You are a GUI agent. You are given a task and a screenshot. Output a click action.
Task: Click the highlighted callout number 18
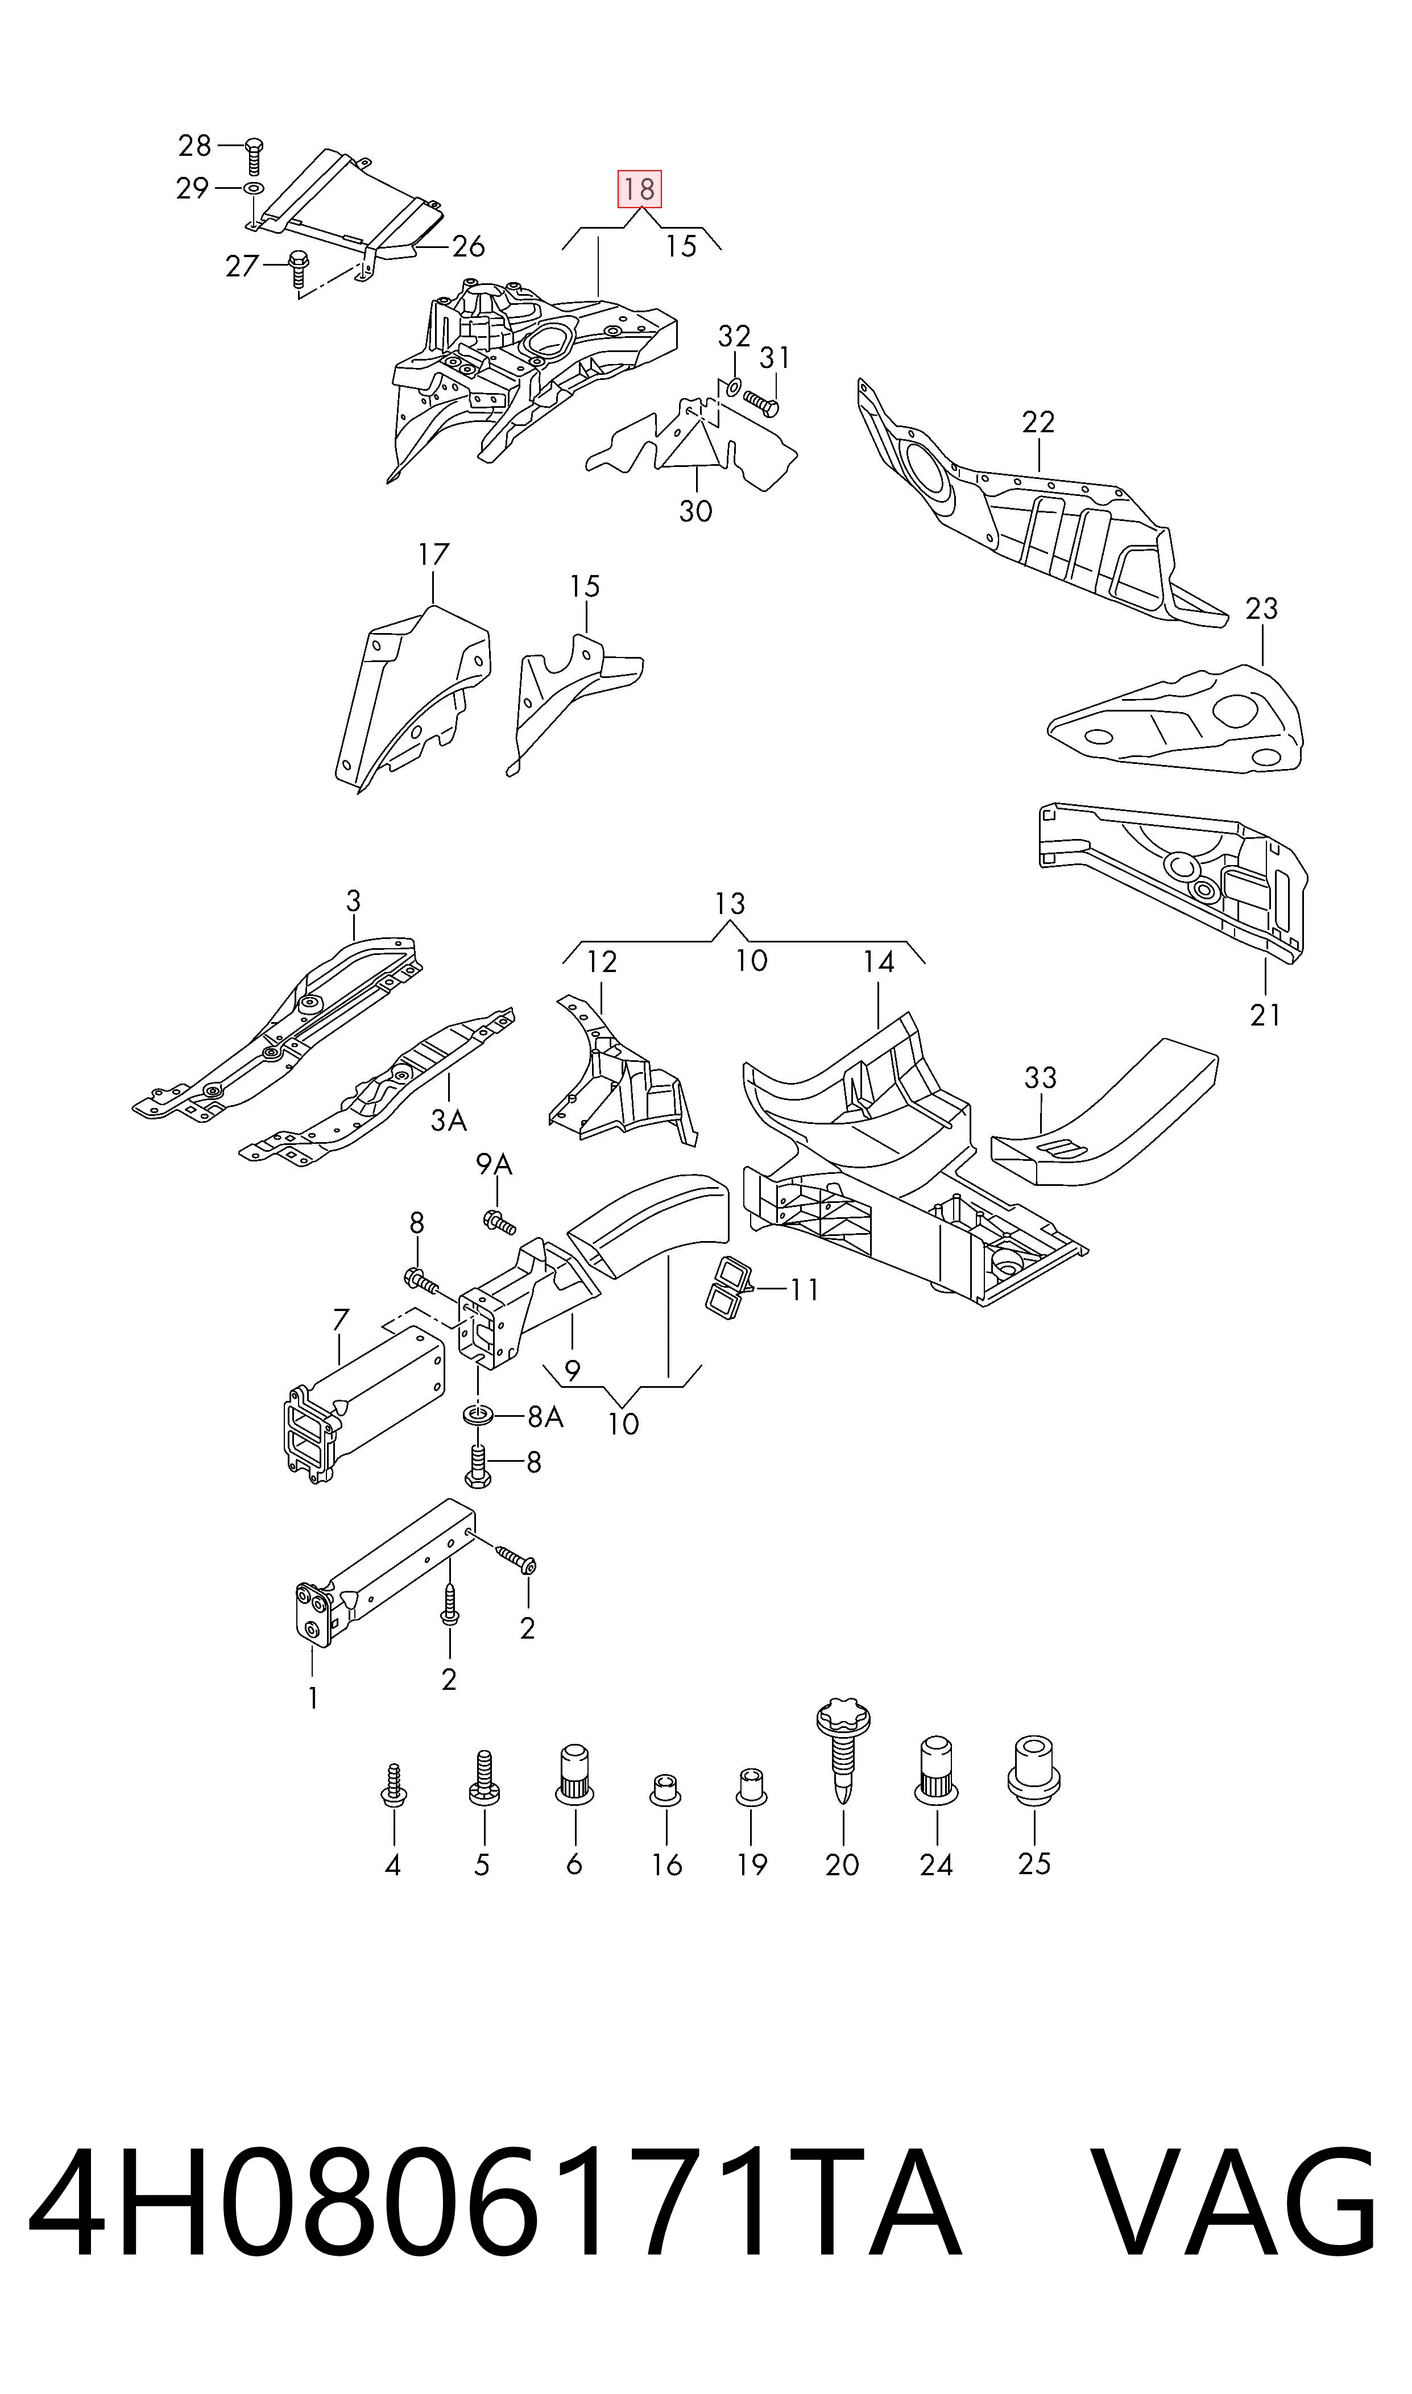(639, 189)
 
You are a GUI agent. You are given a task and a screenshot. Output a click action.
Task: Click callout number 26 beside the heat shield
(468, 246)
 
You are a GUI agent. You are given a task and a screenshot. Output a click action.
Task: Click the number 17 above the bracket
(434, 554)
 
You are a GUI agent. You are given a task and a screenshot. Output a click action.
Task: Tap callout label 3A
(449, 1120)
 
